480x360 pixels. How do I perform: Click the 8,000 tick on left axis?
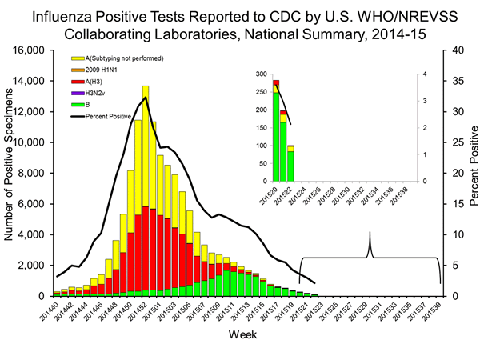coord(35,173)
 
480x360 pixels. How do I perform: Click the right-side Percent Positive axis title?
coord(472,173)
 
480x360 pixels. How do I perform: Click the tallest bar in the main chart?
coord(146,192)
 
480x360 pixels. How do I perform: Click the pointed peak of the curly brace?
coord(370,234)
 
